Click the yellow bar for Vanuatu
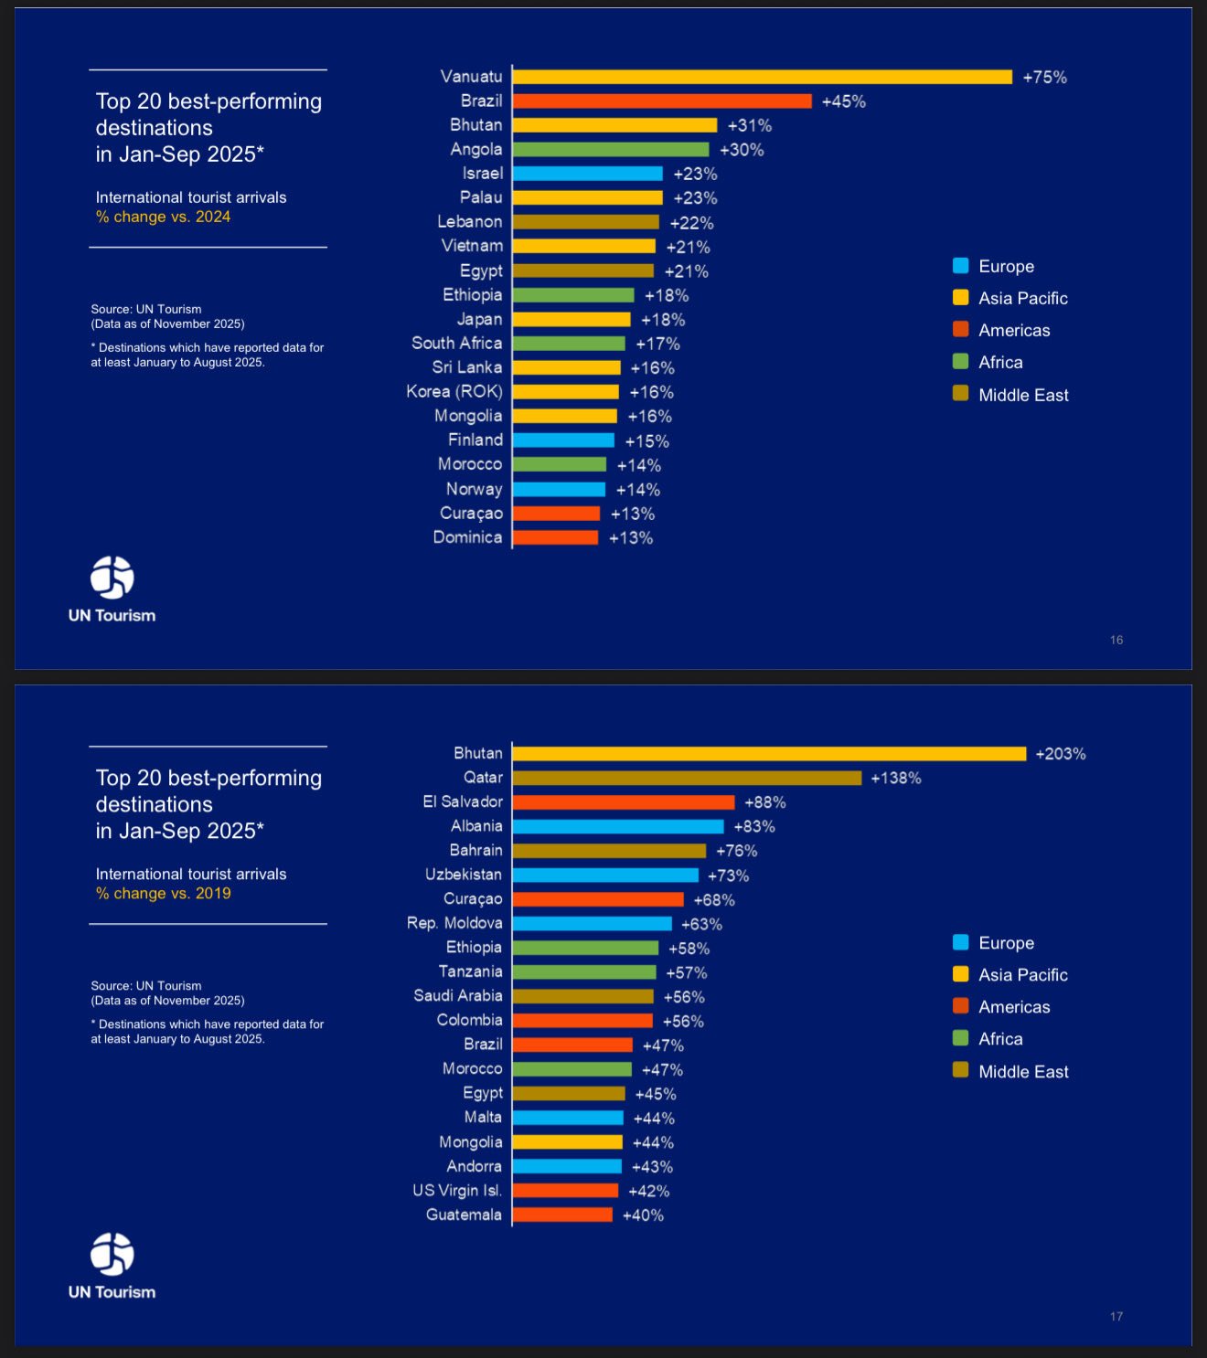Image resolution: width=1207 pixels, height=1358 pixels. [x=762, y=77]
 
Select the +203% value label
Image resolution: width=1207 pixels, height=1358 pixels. [x=1060, y=754]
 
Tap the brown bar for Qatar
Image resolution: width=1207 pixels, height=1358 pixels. [x=687, y=778]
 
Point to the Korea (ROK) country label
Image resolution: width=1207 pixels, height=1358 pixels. [x=454, y=391]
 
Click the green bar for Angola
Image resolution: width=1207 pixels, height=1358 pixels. [x=611, y=149]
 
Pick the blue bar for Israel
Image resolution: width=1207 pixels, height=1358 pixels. [x=587, y=174]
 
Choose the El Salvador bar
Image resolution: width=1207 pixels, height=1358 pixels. [x=623, y=802]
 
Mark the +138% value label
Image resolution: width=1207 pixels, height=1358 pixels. [x=895, y=778]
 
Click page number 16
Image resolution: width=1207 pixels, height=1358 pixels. [x=1116, y=640]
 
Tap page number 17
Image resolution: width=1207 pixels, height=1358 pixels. [x=1116, y=1316]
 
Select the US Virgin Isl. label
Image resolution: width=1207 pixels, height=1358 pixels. [x=457, y=1190]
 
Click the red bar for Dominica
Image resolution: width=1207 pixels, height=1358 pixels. [x=555, y=537]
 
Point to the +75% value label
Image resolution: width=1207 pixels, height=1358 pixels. [x=1044, y=78]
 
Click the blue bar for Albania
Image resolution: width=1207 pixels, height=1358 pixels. [x=617, y=826]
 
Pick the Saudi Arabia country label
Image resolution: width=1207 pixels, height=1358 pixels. [x=458, y=995]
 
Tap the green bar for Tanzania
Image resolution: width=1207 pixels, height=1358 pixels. [x=584, y=972]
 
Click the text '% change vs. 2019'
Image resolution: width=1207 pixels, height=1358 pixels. [x=164, y=893]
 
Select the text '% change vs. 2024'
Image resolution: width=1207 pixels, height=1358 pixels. [x=164, y=217]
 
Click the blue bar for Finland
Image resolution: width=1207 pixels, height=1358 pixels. [x=563, y=440]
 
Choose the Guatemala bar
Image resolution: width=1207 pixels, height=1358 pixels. [x=562, y=1215]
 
